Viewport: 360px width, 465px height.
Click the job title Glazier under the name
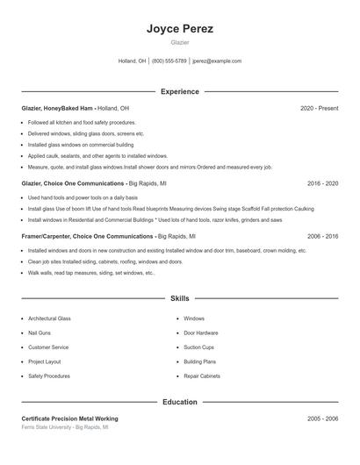(x=179, y=42)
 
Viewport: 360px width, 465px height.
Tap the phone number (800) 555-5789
(x=169, y=61)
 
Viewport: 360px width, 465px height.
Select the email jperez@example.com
(x=217, y=61)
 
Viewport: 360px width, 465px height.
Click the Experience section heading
(x=179, y=91)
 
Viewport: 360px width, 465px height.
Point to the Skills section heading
(x=179, y=298)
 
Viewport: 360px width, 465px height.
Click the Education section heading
(x=179, y=402)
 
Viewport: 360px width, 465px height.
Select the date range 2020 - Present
(x=319, y=108)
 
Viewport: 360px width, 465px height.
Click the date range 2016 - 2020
(x=322, y=183)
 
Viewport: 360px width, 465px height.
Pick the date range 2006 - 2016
(x=322, y=236)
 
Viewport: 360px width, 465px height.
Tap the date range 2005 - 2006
(x=322, y=418)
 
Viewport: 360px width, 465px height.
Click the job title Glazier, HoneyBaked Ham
(x=57, y=108)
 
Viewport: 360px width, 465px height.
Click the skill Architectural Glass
(x=49, y=318)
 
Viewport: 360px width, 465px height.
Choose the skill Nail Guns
(x=39, y=333)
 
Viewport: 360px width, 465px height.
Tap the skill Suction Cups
(x=198, y=347)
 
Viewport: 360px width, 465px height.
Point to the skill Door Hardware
(x=201, y=333)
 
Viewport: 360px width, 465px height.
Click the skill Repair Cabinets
(x=202, y=376)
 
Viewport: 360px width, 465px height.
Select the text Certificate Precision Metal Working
(x=69, y=418)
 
